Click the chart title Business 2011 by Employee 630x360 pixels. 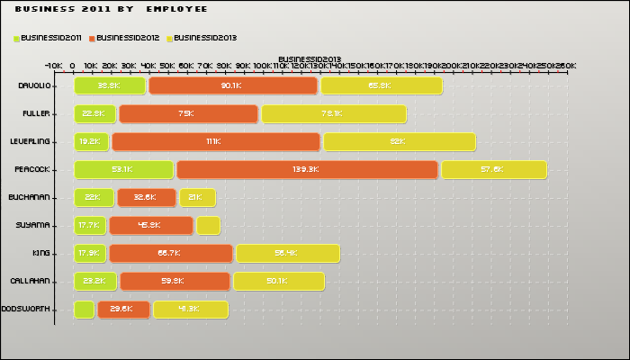click(x=112, y=9)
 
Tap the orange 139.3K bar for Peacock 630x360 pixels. click(x=307, y=169)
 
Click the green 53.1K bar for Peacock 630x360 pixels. click(x=123, y=169)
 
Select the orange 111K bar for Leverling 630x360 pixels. click(x=216, y=141)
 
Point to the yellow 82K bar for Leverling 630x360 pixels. click(x=399, y=141)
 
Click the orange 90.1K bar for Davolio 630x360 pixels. click(x=233, y=85)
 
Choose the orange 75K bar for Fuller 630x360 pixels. click(x=188, y=113)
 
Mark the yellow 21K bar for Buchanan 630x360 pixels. click(x=196, y=197)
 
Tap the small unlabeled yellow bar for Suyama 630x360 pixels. click(x=208, y=225)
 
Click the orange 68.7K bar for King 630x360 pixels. click(x=171, y=253)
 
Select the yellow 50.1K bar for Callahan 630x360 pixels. click(x=276, y=281)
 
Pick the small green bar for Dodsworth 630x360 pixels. click(x=84, y=309)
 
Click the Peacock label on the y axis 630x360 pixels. click(x=31, y=169)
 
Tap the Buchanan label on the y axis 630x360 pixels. click(x=29, y=197)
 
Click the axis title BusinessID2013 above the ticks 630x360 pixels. click(x=309, y=58)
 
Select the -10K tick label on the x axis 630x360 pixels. click(x=53, y=66)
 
